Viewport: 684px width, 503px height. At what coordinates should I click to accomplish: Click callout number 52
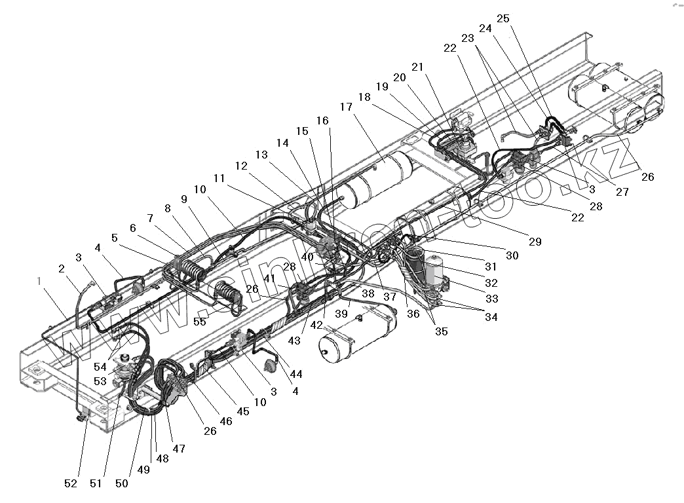(71, 483)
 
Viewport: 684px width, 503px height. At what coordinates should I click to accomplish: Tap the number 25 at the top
(503, 19)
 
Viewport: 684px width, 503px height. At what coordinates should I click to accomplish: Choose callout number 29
(535, 242)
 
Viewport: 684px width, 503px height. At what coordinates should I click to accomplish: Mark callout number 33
(491, 298)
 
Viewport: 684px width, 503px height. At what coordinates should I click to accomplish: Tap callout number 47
(179, 449)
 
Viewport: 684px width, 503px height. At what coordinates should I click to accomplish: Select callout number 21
(417, 67)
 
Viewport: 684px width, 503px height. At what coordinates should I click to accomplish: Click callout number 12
(241, 166)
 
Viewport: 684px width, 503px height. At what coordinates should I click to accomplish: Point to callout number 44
(296, 374)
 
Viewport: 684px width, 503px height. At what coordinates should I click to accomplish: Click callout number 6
(133, 228)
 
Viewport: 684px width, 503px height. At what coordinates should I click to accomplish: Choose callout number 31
(491, 267)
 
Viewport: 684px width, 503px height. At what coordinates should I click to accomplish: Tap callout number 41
(270, 278)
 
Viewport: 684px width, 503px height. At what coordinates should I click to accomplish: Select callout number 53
(100, 381)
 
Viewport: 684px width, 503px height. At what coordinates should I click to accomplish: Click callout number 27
(622, 193)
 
